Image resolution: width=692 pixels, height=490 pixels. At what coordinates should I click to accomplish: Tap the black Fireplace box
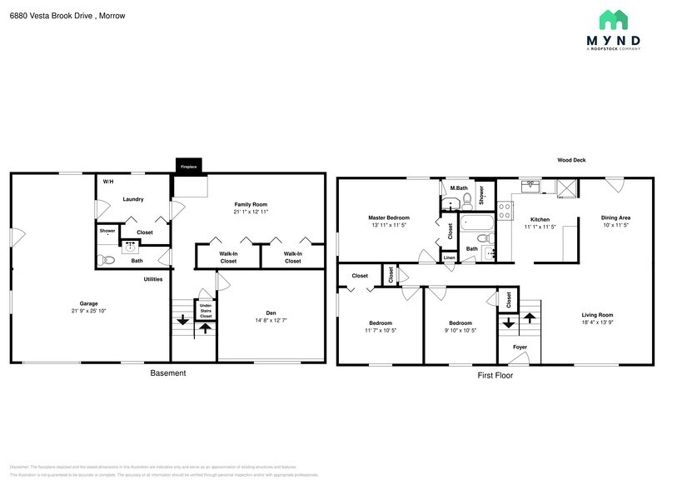(189, 166)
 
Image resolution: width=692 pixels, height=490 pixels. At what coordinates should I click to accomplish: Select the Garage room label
(88, 303)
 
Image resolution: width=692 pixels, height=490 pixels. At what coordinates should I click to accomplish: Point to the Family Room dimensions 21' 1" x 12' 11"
(251, 212)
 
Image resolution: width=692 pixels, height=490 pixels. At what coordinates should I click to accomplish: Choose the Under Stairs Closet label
(206, 310)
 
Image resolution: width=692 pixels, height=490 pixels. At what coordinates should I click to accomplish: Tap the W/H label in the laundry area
(108, 182)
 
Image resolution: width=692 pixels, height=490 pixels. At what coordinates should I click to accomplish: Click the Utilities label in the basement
(152, 279)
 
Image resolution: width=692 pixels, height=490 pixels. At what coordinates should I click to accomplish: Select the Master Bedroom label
(389, 217)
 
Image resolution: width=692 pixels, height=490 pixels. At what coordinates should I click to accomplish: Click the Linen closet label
(449, 258)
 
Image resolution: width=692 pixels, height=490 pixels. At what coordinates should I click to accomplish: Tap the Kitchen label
(540, 219)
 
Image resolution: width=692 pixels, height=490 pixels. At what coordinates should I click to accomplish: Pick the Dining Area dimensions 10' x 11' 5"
(615, 226)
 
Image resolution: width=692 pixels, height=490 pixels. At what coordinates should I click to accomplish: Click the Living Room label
(597, 314)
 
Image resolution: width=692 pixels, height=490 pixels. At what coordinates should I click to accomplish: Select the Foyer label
(520, 347)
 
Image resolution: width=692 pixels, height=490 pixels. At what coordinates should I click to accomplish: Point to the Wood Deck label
(571, 160)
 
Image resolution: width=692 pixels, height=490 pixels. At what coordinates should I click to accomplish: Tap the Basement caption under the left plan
(167, 373)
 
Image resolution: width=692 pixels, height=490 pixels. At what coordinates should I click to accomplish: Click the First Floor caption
(495, 375)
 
